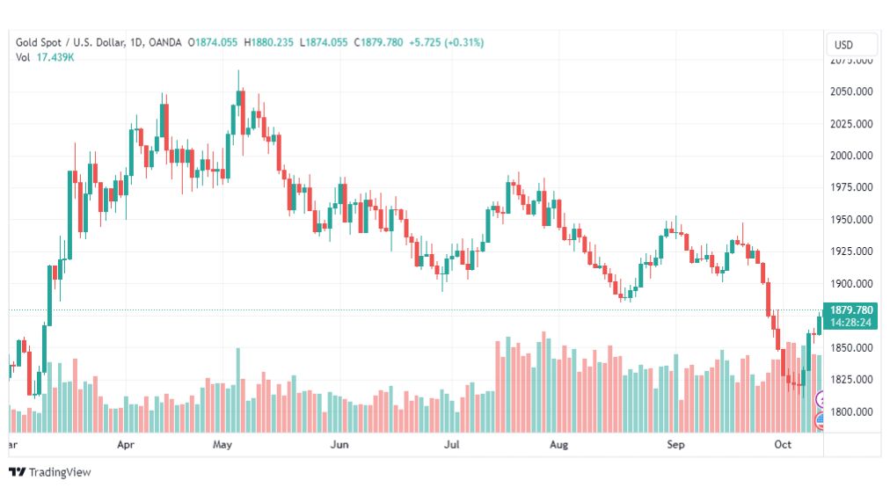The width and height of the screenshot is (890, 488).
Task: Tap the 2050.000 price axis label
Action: [851, 91]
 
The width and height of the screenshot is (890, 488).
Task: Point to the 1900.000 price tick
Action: [851, 284]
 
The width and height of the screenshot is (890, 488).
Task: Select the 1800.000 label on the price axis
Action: [851, 412]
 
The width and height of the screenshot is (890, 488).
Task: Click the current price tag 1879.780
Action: [850, 310]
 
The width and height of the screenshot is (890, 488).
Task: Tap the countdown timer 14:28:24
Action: [850, 323]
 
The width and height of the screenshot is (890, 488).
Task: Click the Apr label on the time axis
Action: [126, 446]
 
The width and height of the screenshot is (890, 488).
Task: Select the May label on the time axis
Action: [222, 446]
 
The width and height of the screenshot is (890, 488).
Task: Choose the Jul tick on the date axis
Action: [452, 446]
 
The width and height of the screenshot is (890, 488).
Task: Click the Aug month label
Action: [558, 446]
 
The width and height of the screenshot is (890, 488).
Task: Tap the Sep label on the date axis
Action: [675, 446]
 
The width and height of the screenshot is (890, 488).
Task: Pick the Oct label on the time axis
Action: [784, 446]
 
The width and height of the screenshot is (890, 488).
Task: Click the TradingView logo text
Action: [59, 472]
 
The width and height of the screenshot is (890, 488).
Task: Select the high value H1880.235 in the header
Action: [269, 42]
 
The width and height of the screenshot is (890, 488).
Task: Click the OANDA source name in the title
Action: [166, 42]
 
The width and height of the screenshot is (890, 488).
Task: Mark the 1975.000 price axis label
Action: [851, 187]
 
